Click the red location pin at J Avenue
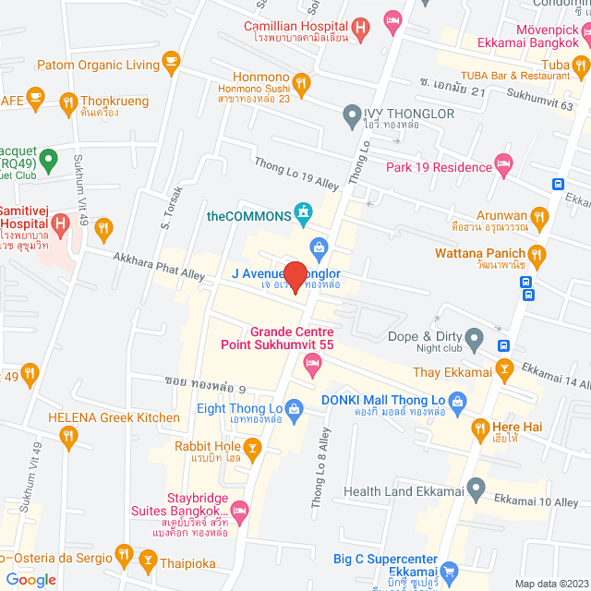point(295,277)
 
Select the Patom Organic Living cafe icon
point(170,62)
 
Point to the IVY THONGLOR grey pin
point(351,115)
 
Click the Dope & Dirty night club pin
point(474,338)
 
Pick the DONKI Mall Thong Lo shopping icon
point(459,400)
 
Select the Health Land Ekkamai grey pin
point(476,487)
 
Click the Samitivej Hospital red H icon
point(61,223)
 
